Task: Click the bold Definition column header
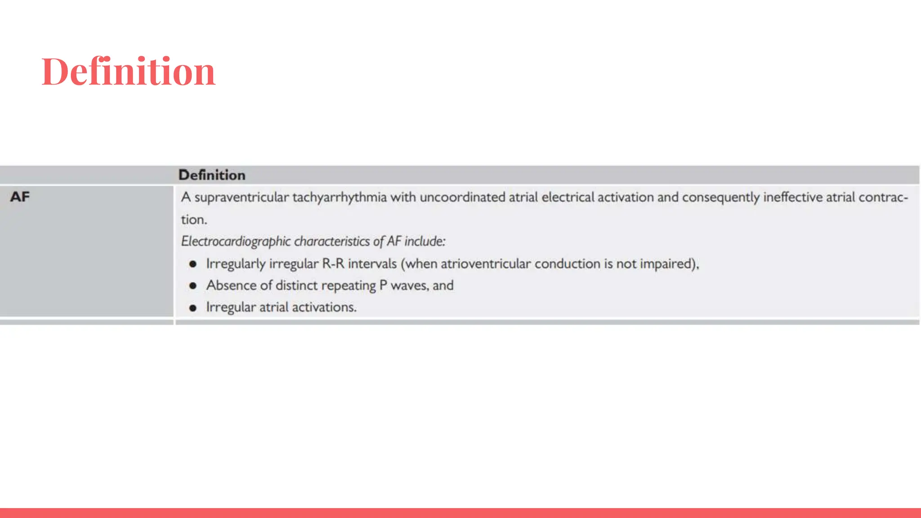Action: click(212, 175)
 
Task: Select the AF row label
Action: click(20, 197)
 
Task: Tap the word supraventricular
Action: click(241, 197)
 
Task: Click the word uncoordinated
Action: click(462, 197)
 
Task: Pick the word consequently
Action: click(720, 197)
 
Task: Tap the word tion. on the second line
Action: click(194, 220)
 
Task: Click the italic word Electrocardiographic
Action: click(236, 241)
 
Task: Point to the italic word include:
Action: click(425, 241)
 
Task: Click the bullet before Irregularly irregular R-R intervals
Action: click(193, 264)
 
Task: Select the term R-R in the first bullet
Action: click(333, 263)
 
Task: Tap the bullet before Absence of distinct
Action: click(193, 286)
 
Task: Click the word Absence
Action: click(231, 286)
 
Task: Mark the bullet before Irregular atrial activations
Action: click(193, 308)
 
